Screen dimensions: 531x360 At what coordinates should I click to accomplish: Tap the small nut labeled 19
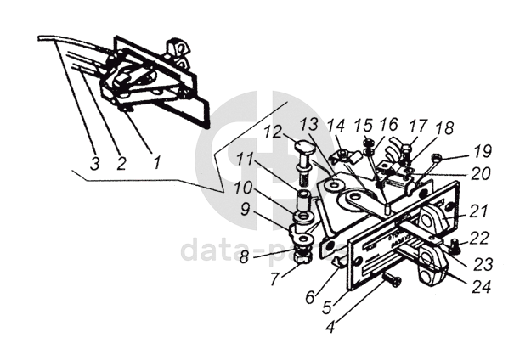[436, 159]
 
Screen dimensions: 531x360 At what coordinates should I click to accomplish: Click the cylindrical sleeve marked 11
[302, 203]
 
